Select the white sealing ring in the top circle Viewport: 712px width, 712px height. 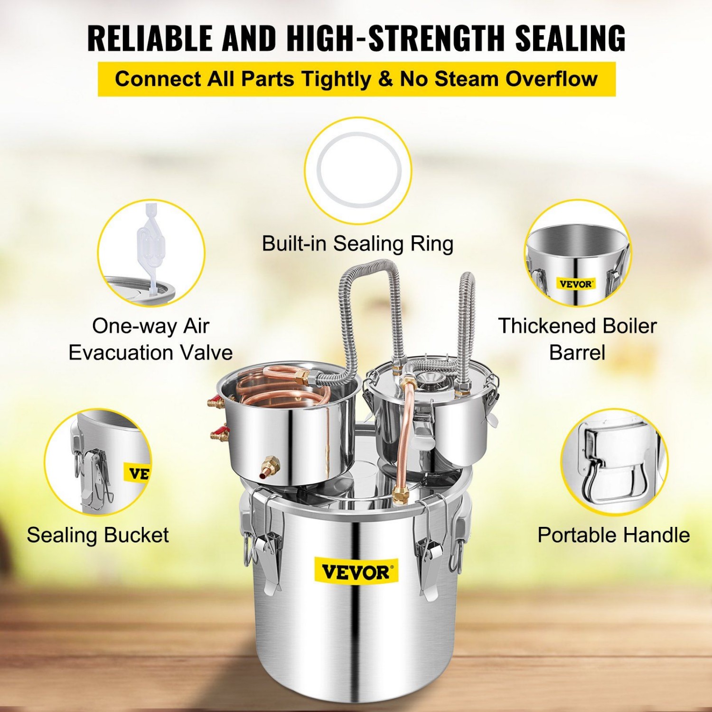pos(358,170)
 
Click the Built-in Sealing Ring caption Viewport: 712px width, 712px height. pos(357,244)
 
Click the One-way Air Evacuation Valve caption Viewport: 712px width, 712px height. pos(150,339)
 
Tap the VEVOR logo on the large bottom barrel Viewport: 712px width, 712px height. pos(356,572)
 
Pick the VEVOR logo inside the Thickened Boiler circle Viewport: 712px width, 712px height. pos(575,284)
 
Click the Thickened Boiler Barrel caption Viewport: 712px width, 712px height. pos(577,339)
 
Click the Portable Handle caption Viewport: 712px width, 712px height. pos(613,535)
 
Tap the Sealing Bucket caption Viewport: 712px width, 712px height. pos(98,535)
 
